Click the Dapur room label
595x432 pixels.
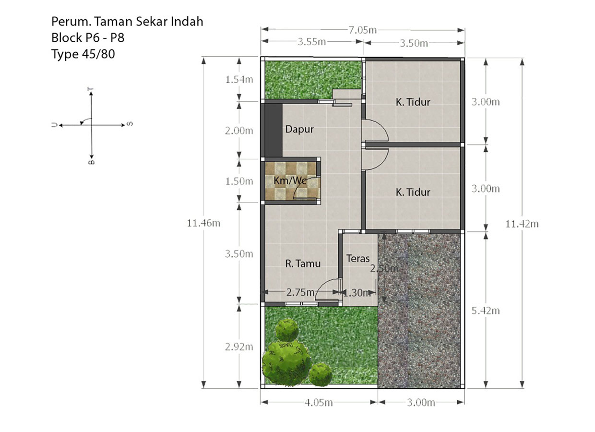pyautogui.click(x=299, y=130)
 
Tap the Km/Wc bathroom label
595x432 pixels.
pyautogui.click(x=290, y=180)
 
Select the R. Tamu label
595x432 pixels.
pyautogui.click(x=303, y=264)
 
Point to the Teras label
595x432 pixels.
pyautogui.click(x=358, y=259)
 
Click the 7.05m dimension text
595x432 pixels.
pyautogui.click(x=363, y=30)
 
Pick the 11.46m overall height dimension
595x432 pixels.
pyautogui.click(x=203, y=223)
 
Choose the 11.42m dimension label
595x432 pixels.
pyautogui.click(x=522, y=224)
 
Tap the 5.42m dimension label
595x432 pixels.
pyautogui.click(x=486, y=311)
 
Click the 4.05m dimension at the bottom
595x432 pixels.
pyautogui.click(x=319, y=403)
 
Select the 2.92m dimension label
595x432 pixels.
pyautogui.click(x=239, y=347)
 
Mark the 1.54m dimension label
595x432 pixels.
pyautogui.click(x=239, y=79)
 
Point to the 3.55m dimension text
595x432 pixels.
pyautogui.click(x=311, y=42)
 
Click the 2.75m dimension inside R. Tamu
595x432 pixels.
pyautogui.click(x=300, y=292)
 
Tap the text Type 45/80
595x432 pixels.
pyautogui.click(x=83, y=54)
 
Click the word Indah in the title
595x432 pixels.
pyautogui.click(x=187, y=22)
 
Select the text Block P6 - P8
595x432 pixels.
pyautogui.click(x=88, y=38)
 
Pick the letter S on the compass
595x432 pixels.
pyautogui.click(x=130, y=124)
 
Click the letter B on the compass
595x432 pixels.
pyautogui.click(x=91, y=162)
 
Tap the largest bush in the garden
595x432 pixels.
pyautogui.click(x=287, y=363)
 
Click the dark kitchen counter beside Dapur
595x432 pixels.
pyautogui.click(x=274, y=131)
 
